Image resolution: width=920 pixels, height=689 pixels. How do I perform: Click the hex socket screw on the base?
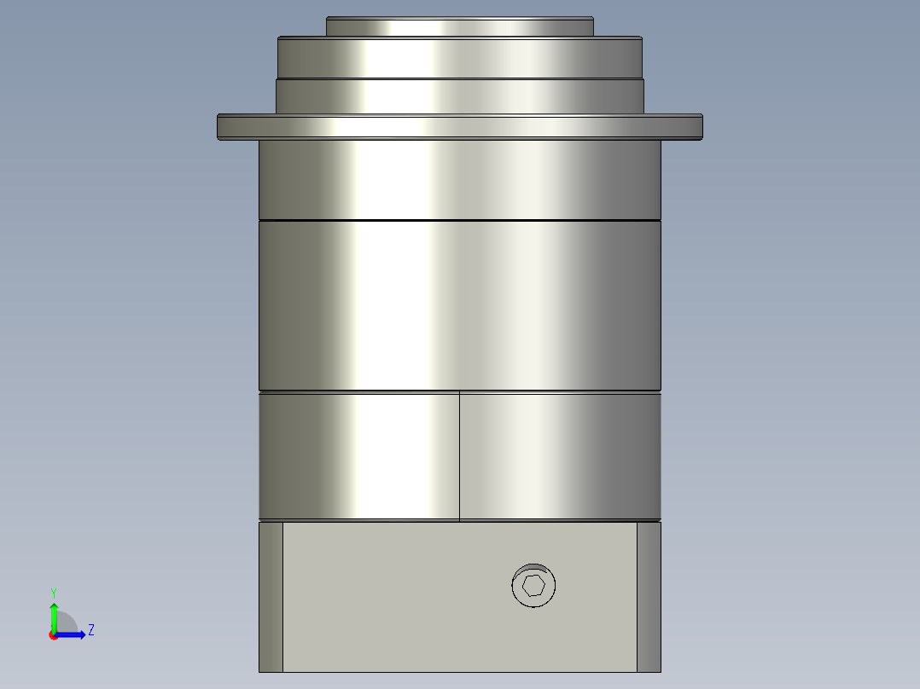533,586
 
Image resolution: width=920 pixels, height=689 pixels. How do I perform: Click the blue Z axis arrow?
72,634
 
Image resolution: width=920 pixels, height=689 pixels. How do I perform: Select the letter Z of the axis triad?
90,630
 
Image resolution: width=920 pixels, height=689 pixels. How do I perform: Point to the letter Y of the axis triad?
53,592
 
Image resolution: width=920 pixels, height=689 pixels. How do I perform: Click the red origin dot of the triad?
53,635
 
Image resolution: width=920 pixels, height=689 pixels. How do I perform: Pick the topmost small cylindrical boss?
459,27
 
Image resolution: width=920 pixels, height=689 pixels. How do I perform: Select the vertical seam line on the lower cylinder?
459,456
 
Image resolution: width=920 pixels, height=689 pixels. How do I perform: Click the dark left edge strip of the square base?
271,597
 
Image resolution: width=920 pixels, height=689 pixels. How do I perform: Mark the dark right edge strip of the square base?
649,597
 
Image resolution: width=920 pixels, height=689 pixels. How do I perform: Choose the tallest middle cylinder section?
459,305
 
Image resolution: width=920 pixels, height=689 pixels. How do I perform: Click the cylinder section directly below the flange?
459,179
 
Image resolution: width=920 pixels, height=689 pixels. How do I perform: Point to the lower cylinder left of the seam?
358,456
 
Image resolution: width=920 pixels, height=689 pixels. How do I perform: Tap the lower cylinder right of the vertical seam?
560,456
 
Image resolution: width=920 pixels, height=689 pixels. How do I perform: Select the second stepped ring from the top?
459,58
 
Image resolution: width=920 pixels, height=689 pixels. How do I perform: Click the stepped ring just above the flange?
459,96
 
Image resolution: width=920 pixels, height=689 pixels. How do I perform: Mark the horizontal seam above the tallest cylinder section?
459,221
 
